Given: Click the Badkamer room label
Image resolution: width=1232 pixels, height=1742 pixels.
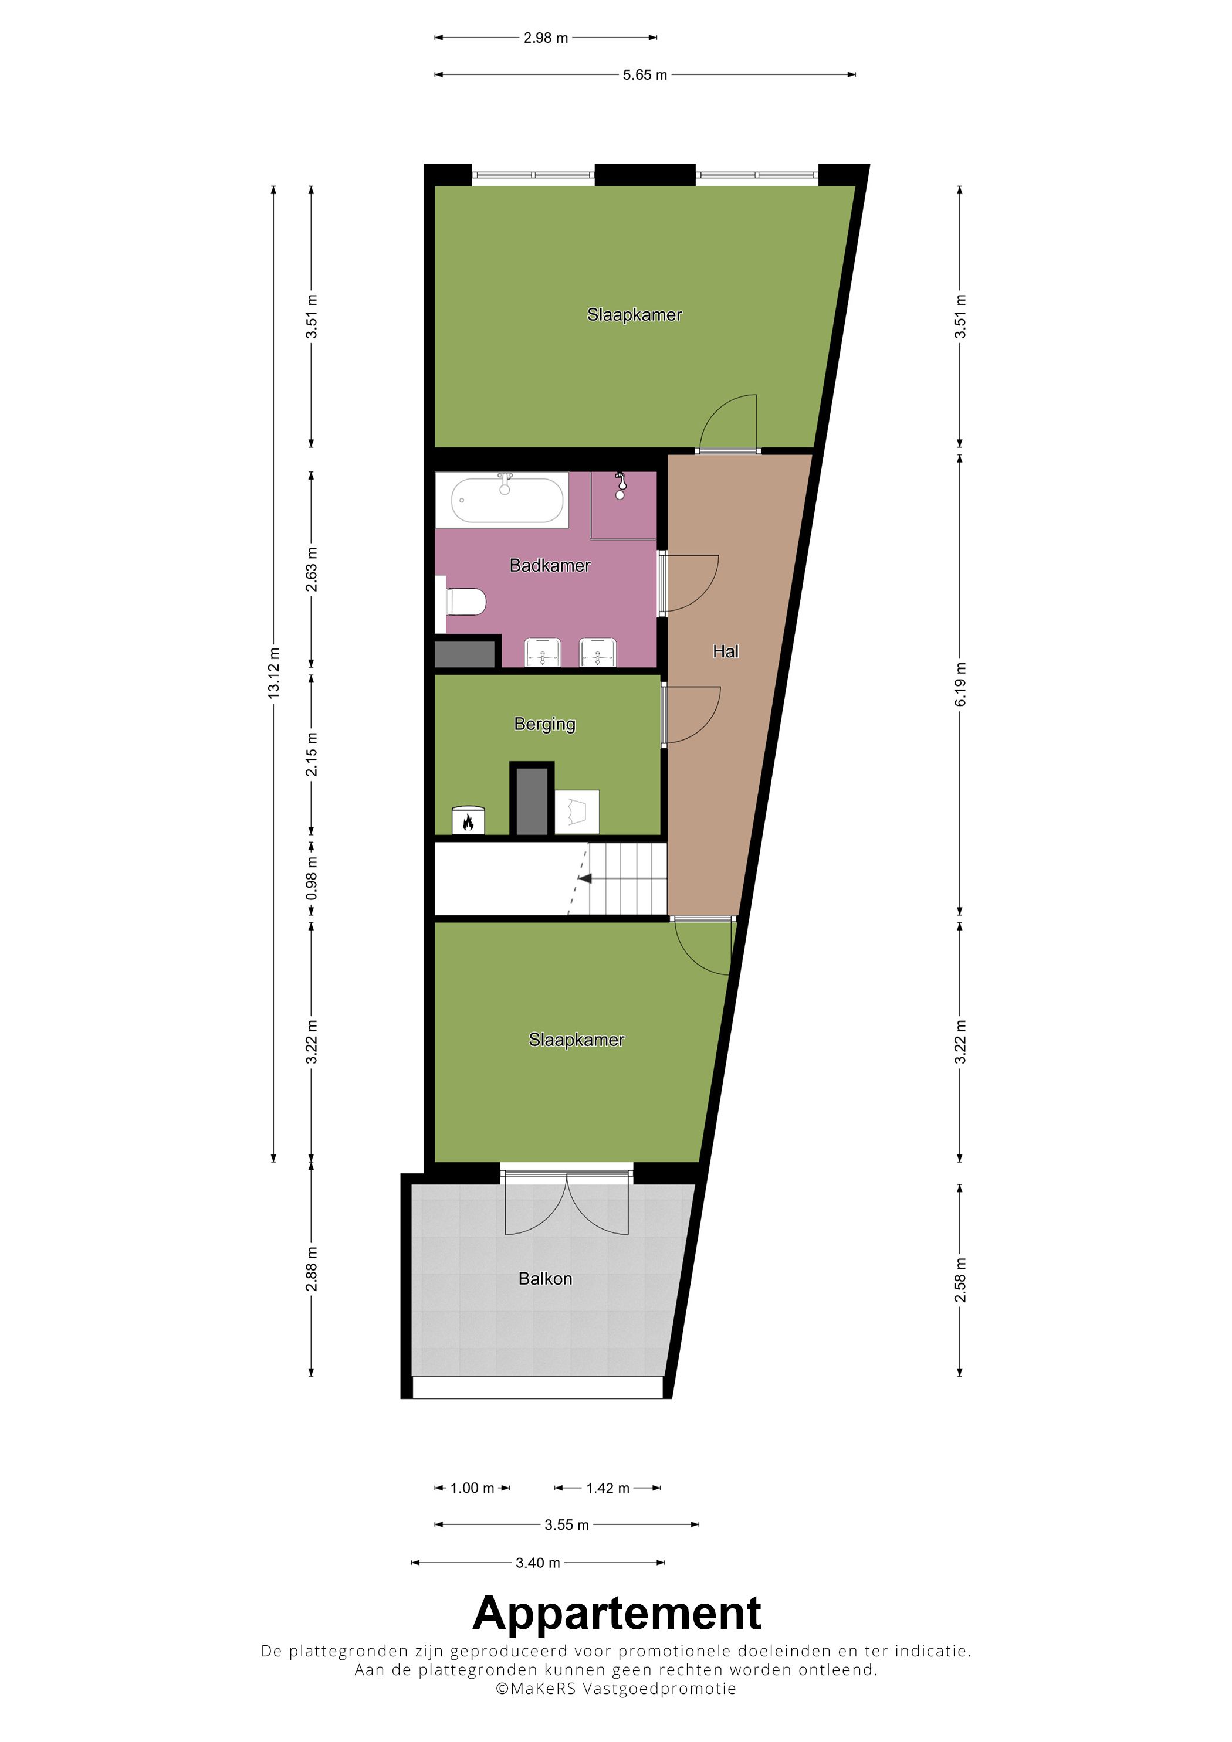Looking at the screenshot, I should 550,565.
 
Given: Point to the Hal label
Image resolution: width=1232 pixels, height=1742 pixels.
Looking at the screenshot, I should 725,651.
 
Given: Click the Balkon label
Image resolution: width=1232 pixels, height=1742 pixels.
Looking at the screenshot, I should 545,1279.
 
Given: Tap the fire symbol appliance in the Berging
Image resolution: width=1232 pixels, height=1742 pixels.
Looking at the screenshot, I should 468,821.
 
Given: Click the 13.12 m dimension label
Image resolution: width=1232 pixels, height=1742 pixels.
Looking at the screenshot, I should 274,673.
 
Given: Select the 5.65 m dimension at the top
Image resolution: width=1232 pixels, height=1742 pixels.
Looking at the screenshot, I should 645,75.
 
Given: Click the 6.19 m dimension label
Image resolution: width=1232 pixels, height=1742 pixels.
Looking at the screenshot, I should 960,684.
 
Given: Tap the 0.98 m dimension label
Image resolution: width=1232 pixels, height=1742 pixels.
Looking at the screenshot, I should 311,880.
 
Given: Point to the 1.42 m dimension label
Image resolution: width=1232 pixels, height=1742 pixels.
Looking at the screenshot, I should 607,1489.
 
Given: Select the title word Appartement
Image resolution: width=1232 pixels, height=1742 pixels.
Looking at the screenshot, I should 617,1613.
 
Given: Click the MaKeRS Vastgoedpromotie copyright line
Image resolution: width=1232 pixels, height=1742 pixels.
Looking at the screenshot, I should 615,1689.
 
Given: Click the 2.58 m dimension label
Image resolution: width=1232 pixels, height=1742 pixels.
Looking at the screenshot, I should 960,1280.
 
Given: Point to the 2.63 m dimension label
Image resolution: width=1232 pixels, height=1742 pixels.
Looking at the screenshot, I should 311,569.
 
